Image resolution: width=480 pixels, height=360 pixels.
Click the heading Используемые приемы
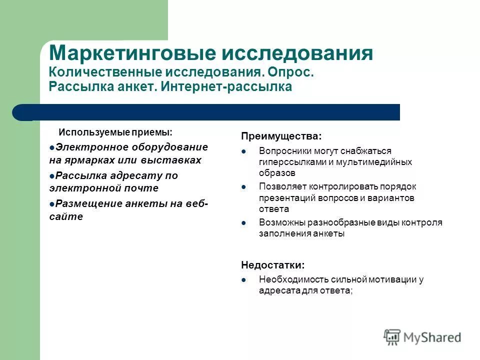[x=115, y=132]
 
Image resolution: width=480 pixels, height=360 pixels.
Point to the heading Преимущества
[x=281, y=136]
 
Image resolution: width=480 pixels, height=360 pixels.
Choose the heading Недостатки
[x=272, y=265]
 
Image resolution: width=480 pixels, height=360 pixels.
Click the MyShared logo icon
[x=392, y=336]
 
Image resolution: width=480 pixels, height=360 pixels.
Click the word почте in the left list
[x=142, y=188]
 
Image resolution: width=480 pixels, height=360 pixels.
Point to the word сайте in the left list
[x=66, y=217]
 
